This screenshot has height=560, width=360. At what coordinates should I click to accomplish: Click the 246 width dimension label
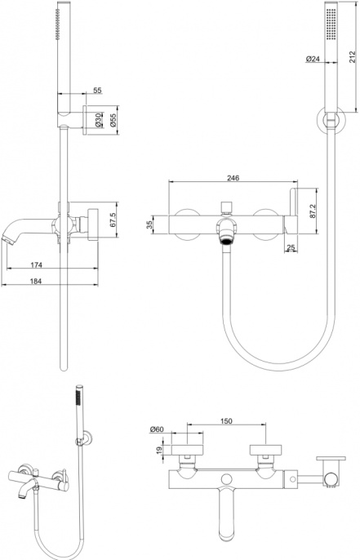click(x=233, y=177)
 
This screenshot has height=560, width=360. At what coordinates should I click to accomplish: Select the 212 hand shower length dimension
click(x=352, y=57)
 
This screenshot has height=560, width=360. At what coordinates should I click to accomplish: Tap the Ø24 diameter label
click(x=313, y=59)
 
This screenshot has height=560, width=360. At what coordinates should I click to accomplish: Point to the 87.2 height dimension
click(x=313, y=211)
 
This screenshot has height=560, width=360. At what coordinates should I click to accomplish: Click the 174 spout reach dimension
click(x=37, y=264)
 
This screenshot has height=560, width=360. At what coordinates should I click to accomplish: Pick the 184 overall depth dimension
click(x=36, y=281)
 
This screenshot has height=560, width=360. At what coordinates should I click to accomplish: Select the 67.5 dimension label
click(x=113, y=220)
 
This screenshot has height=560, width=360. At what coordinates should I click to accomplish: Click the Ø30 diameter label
click(x=98, y=120)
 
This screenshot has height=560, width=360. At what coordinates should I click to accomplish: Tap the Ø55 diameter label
click(x=113, y=120)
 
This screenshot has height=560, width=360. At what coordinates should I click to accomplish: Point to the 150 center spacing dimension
click(x=226, y=421)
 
